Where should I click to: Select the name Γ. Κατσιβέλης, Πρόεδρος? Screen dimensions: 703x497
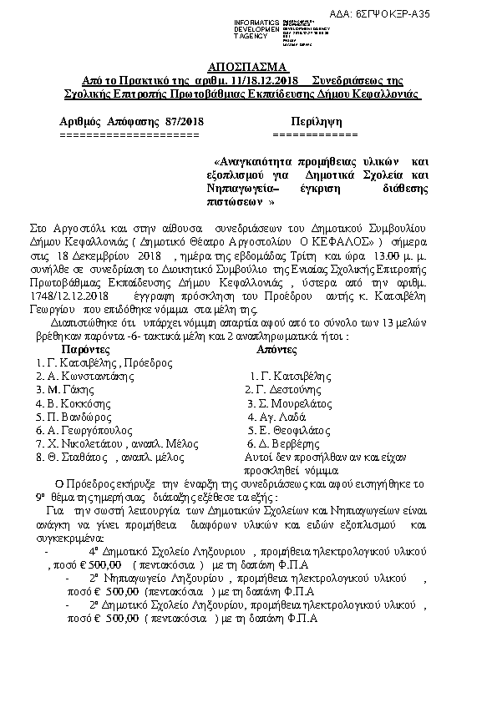(104, 363)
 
